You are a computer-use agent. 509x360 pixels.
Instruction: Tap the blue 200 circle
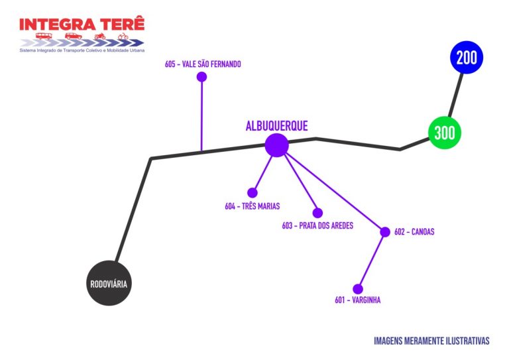pyautogui.click(x=467, y=58)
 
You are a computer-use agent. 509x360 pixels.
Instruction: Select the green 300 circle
pyautogui.click(x=444, y=133)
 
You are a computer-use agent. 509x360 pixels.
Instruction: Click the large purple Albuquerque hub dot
pyautogui.click(x=276, y=145)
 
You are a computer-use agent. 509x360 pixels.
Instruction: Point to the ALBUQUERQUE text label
pyautogui.click(x=276, y=126)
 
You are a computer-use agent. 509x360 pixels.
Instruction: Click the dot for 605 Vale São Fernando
pyautogui.click(x=201, y=77)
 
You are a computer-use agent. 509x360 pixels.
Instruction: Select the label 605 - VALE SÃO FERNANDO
pyautogui.click(x=203, y=64)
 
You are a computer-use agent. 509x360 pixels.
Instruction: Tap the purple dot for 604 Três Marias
pyautogui.click(x=252, y=193)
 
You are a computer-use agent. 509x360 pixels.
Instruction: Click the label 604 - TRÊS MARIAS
pyautogui.click(x=252, y=206)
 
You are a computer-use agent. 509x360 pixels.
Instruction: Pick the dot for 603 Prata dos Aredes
pyautogui.click(x=317, y=213)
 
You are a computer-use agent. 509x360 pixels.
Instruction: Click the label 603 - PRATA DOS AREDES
pyautogui.click(x=317, y=225)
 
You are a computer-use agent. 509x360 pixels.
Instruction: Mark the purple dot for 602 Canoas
pyautogui.click(x=385, y=232)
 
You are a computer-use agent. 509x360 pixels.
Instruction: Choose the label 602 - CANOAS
pyautogui.click(x=414, y=232)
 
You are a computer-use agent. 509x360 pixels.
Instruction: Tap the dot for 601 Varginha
pyautogui.click(x=358, y=289)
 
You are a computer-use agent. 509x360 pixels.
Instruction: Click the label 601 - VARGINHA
pyautogui.click(x=358, y=300)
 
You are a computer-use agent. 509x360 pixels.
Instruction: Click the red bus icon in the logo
pyautogui.click(x=44, y=36)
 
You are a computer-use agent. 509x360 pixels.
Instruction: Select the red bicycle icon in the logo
pyautogui.click(x=123, y=36)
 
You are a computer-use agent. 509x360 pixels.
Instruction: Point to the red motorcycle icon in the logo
pyautogui.click(x=100, y=36)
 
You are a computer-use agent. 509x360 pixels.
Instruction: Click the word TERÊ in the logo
pyautogui.click(x=121, y=24)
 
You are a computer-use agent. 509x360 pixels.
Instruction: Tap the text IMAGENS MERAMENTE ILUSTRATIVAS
pyautogui.click(x=431, y=341)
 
